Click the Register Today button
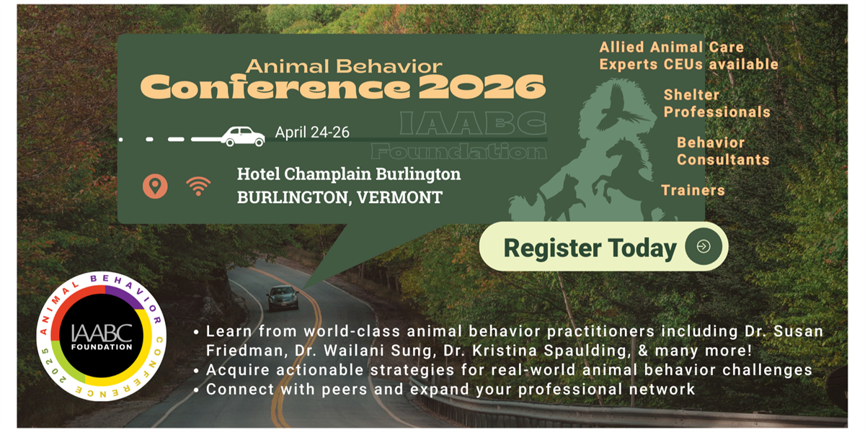tap(590, 248)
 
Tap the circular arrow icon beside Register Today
tap(704, 247)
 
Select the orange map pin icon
tap(155, 186)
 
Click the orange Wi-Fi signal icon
tap(198, 186)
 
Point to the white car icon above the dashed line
tap(242, 135)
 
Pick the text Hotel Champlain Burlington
tap(349, 174)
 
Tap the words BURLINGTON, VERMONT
tap(340, 197)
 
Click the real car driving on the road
tap(283, 297)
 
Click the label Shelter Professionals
tap(717, 104)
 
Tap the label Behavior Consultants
tap(722, 151)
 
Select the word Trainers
tap(693, 191)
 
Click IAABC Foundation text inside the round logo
tap(101, 337)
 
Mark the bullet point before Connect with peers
tap(197, 390)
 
